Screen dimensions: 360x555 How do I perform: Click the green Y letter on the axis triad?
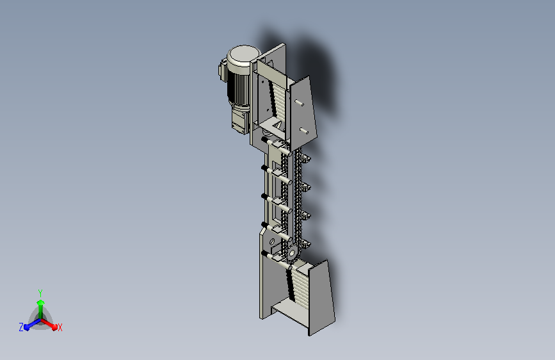tap(40, 292)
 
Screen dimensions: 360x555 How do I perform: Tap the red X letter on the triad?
tap(60, 327)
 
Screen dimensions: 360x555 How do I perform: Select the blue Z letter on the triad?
tap(21, 327)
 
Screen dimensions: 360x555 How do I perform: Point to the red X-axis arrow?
tap(51, 324)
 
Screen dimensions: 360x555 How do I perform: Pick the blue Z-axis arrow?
tap(29, 325)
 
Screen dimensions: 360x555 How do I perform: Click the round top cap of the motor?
tap(243, 54)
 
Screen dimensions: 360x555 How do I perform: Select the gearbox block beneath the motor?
tap(241, 119)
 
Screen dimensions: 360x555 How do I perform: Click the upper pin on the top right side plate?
tap(299, 102)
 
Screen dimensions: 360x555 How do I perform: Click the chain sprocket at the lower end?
tap(291, 254)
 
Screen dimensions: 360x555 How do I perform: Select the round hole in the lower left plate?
tap(272, 241)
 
